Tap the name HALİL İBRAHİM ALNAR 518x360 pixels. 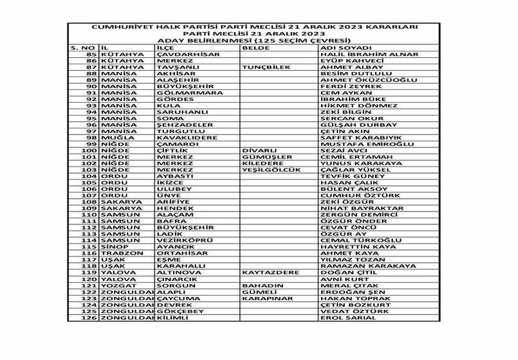[361, 55]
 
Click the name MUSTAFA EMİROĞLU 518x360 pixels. [360, 145]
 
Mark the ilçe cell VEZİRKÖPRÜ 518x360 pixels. [185, 241]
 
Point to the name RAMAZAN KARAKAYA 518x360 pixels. [367, 267]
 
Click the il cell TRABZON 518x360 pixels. [120, 254]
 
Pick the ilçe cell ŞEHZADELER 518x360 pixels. [185, 125]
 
